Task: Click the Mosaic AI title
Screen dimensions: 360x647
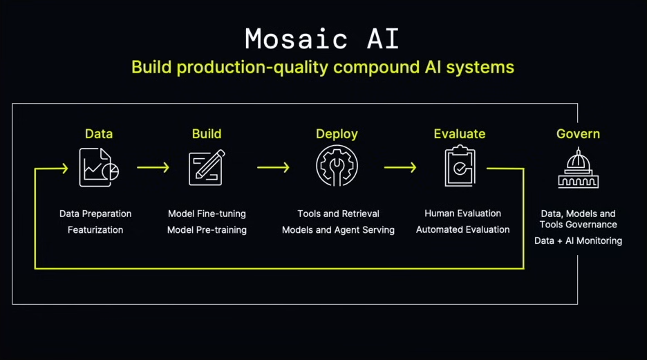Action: pos(322,39)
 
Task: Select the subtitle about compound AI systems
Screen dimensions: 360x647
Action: pos(322,67)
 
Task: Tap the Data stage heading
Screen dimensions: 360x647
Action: pos(99,134)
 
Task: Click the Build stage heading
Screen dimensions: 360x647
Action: pos(207,134)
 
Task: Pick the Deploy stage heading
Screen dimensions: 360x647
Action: pos(337,134)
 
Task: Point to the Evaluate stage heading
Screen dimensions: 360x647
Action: pos(460,134)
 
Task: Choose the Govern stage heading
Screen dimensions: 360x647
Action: pos(578,134)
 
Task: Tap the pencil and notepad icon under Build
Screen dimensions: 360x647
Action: pos(207,167)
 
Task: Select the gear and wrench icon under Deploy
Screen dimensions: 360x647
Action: pos(337,167)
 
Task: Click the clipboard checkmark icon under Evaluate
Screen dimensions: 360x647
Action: pos(460,167)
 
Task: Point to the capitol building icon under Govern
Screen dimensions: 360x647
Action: pos(578,168)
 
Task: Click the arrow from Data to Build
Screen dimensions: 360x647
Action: pos(153,167)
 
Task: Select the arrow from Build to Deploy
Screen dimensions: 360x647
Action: pos(273,167)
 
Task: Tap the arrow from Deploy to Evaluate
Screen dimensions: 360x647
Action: pos(400,167)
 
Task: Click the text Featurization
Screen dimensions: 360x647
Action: pos(95,229)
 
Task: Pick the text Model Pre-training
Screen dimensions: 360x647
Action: pos(207,229)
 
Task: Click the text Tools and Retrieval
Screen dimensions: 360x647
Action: pos(338,214)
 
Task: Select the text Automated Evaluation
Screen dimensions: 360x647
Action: pos(462,229)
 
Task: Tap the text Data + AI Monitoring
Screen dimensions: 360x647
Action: pos(578,241)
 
